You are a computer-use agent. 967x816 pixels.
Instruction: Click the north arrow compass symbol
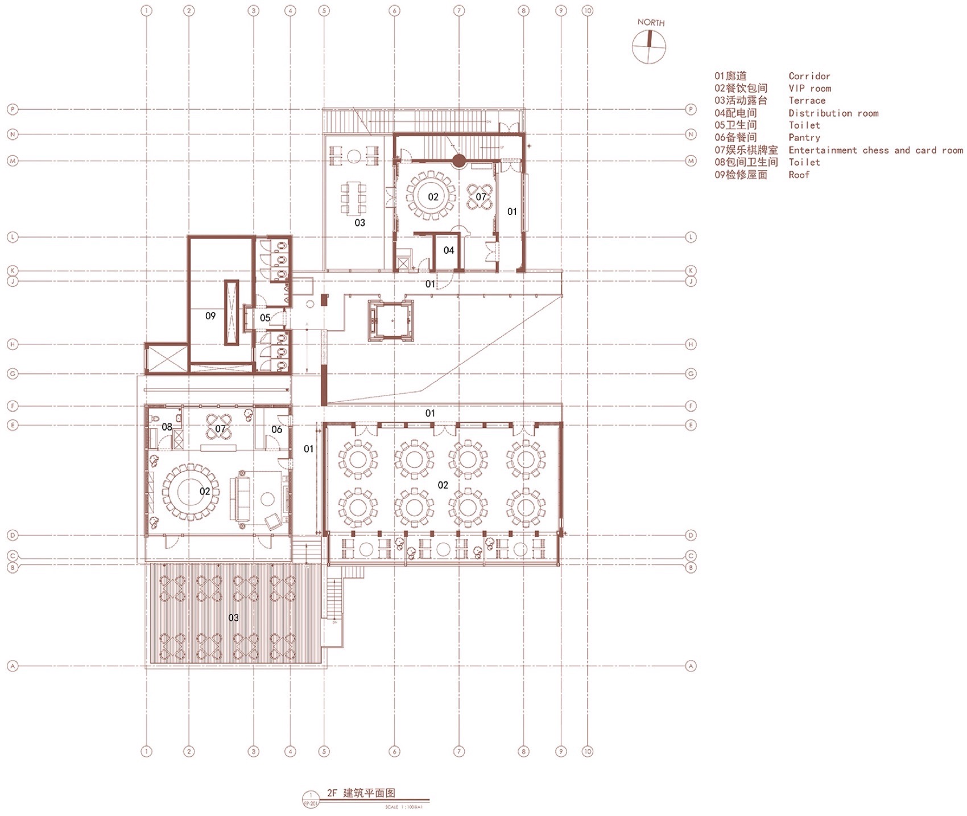coord(648,46)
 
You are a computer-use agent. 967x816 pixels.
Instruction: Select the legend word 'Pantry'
coord(804,138)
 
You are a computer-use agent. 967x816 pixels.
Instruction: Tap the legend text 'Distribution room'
coord(833,113)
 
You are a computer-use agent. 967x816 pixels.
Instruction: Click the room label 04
coord(449,250)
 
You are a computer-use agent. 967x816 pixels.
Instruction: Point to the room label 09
coord(210,316)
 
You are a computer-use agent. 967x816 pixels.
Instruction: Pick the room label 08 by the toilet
coord(167,427)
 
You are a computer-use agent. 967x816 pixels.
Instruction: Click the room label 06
coord(276,430)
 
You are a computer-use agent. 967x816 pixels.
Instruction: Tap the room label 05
coord(265,318)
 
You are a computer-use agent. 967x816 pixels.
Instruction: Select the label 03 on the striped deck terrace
coord(233,617)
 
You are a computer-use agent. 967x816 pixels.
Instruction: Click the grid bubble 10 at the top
coord(588,10)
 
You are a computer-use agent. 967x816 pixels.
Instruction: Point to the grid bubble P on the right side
coord(691,109)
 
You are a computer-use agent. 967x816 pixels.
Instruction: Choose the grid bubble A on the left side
coord(13,666)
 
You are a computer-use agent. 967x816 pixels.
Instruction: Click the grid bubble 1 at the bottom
coord(147,752)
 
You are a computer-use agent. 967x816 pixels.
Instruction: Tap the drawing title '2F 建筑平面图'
coord(361,793)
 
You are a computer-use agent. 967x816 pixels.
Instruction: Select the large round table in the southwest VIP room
coord(190,492)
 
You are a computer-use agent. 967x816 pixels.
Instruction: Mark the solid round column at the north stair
coord(458,160)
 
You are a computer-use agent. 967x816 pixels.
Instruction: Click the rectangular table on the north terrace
coord(354,197)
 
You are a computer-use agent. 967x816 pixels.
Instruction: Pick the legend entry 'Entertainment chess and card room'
coord(875,150)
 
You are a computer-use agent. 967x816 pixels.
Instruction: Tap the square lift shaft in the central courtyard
coord(391,320)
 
